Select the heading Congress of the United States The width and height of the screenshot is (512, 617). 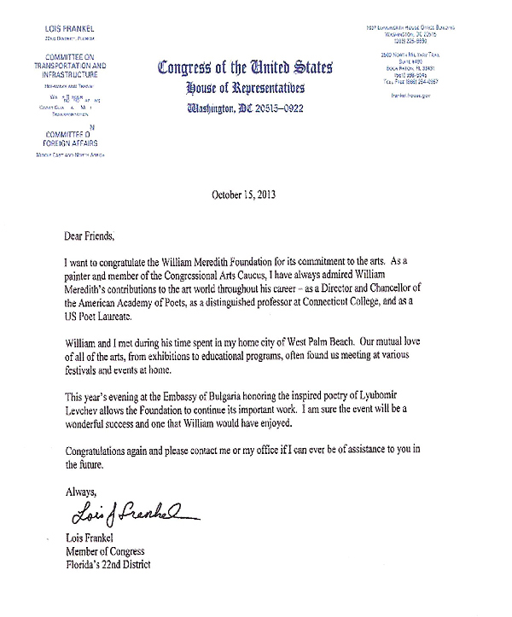coord(246,68)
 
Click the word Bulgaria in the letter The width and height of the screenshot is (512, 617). coord(255,400)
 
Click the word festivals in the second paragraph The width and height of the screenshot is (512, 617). coord(84,372)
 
